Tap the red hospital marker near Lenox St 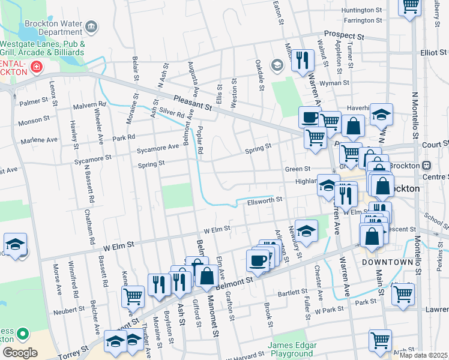[37, 66]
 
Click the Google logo [20, 352]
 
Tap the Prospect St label [344, 35]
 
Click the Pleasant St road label [192, 103]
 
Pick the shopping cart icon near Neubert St [133, 295]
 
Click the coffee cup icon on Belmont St [258, 260]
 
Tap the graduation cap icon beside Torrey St [115, 340]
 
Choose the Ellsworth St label [265, 202]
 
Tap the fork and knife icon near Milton [302, 59]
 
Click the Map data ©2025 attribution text [423, 355]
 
